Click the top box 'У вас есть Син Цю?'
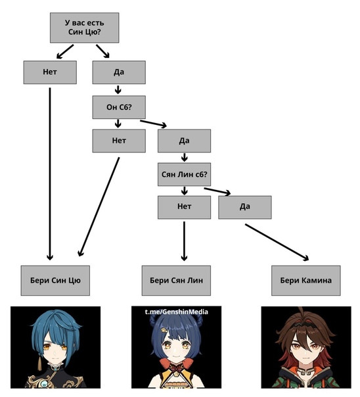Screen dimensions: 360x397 [x=85, y=28]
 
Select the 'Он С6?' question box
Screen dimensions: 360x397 [x=119, y=107]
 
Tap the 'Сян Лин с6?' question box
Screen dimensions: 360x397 [x=184, y=174]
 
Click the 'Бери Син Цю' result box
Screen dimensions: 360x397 [x=55, y=281]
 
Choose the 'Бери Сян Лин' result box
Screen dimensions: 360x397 [x=176, y=281]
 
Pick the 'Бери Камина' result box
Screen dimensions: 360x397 [x=306, y=281]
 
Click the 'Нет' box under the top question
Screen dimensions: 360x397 [x=50, y=72]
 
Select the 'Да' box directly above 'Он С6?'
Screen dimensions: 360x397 [x=119, y=72]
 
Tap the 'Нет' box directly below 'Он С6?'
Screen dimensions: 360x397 [x=119, y=141]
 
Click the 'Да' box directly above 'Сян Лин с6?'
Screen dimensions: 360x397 [x=184, y=141]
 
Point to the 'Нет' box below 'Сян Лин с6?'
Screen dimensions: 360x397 [x=184, y=207]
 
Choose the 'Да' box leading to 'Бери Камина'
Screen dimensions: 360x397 [x=245, y=207]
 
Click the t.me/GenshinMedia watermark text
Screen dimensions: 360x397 [x=177, y=312]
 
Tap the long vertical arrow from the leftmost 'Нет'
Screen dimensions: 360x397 [x=50, y=174]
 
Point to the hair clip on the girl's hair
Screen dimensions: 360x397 [x=164, y=331]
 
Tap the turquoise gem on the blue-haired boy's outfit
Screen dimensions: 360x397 [x=44, y=384]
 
